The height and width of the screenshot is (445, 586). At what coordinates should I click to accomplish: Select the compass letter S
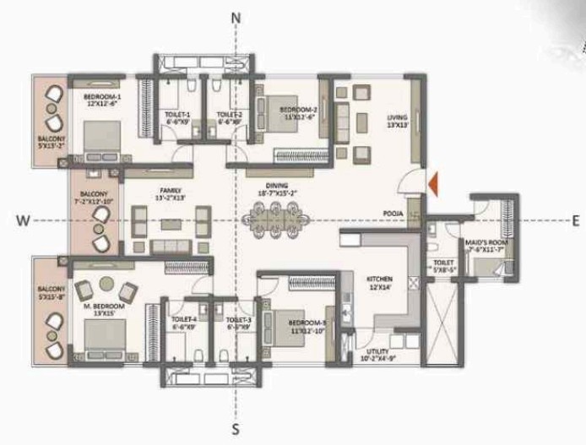236,429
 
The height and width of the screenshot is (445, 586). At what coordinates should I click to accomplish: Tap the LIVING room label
397,117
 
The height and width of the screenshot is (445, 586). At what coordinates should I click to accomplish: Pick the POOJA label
391,214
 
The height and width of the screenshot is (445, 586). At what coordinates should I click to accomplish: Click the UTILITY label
378,351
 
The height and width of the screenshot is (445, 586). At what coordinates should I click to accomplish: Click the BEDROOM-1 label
102,98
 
